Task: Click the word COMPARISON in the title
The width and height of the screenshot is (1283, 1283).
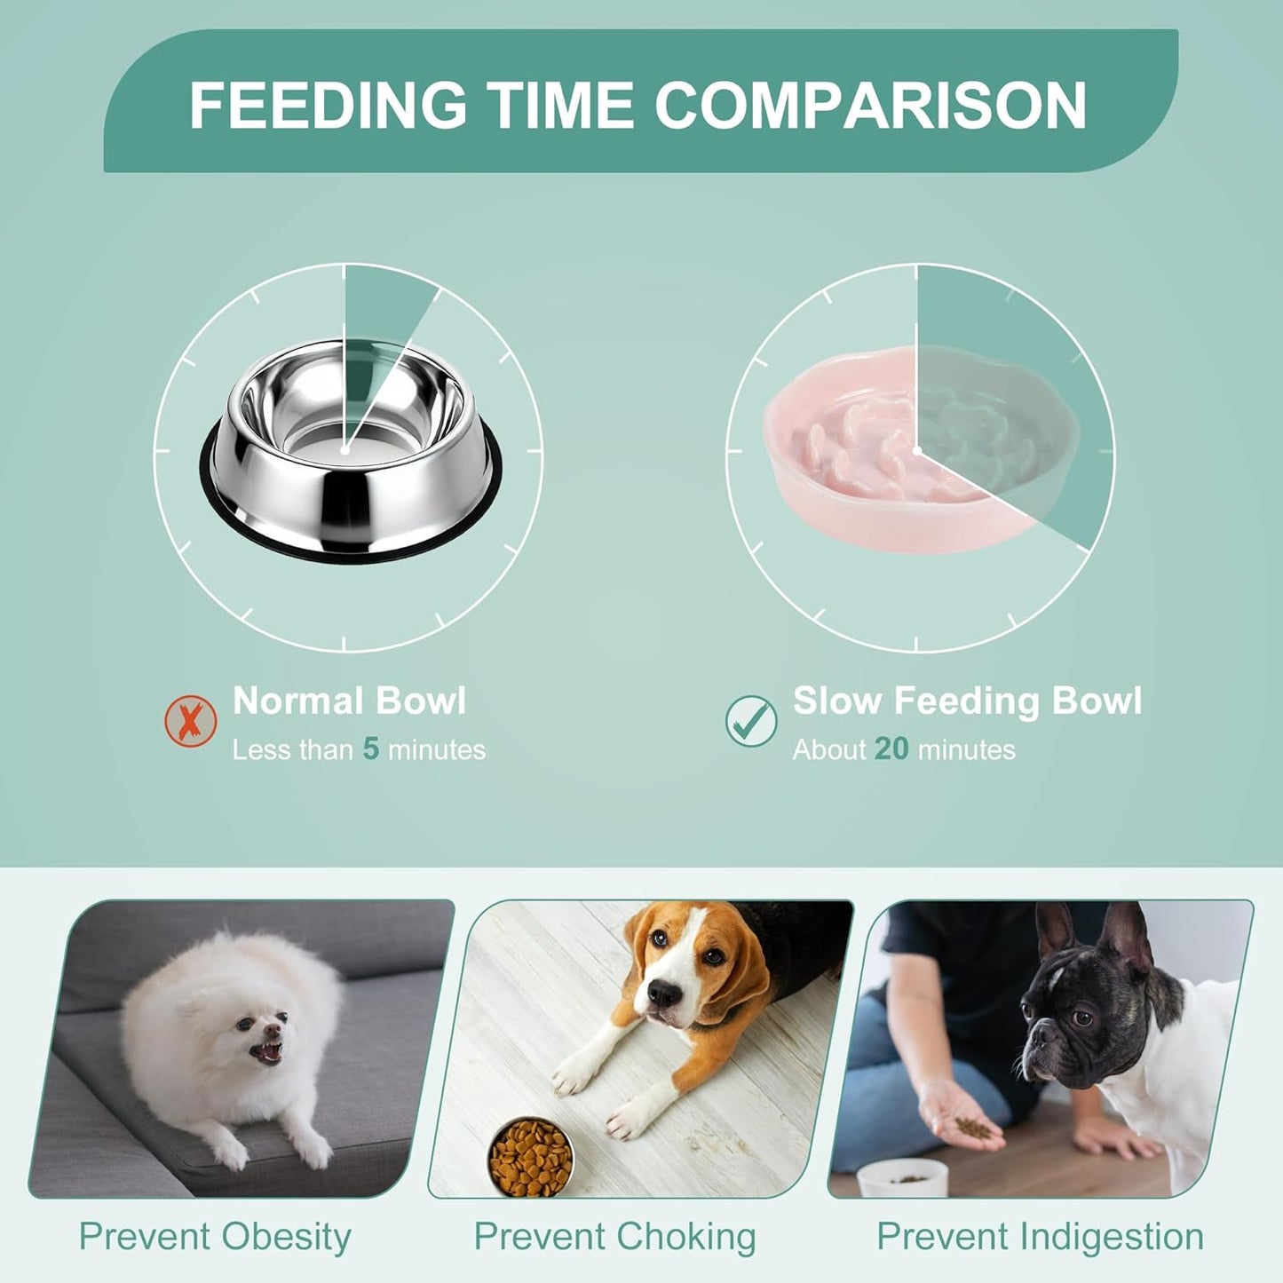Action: [x=870, y=105]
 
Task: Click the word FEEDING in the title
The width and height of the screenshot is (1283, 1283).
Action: [x=328, y=105]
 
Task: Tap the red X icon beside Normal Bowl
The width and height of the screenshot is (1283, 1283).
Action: [x=191, y=720]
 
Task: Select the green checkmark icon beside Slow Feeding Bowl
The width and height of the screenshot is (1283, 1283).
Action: [x=751, y=720]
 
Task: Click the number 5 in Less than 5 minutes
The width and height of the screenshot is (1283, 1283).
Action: [x=371, y=749]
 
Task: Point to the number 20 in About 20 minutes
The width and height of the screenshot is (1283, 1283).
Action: [x=891, y=749]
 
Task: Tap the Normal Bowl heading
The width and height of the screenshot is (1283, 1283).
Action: [x=349, y=701]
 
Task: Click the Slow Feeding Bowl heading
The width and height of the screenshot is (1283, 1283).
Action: [x=967, y=701]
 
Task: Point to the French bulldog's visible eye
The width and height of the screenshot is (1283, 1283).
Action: [x=1082, y=1017]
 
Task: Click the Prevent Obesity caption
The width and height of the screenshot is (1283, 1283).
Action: [x=215, y=1237]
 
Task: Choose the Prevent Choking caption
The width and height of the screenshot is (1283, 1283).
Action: [x=614, y=1237]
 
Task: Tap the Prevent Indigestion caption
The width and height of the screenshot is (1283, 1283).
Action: [x=1040, y=1237]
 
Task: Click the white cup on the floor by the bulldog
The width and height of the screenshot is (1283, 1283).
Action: [x=902, y=1178]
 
